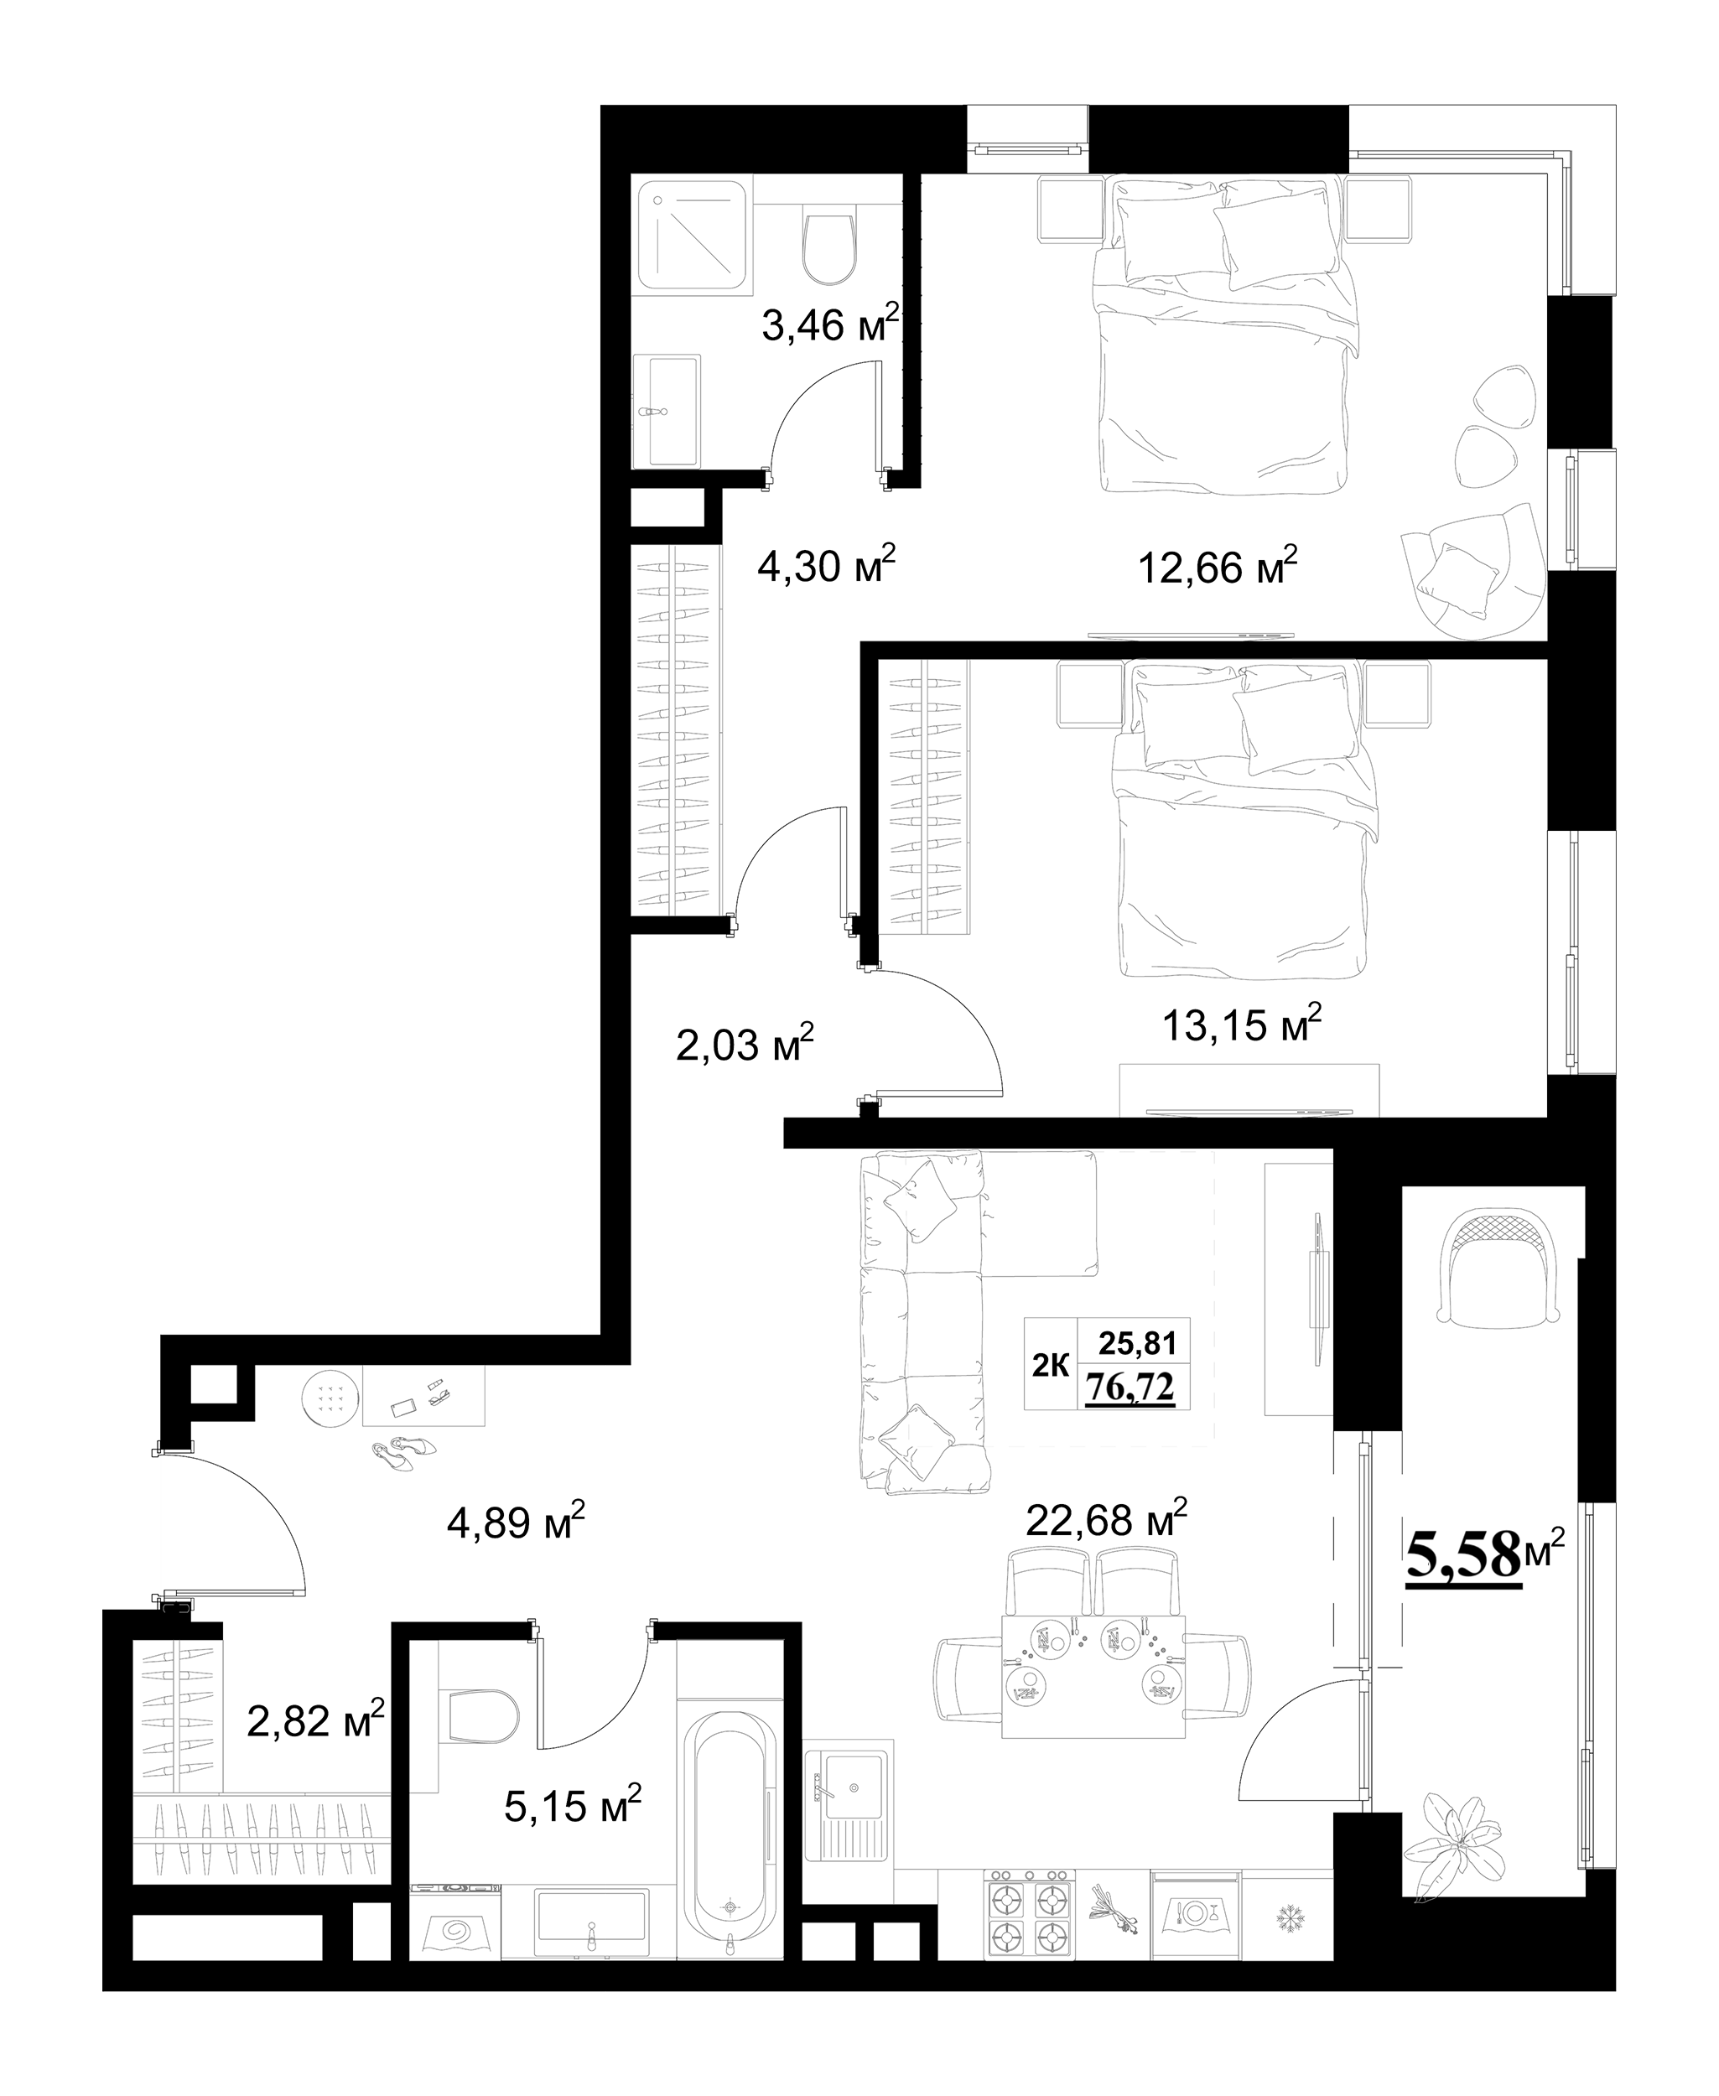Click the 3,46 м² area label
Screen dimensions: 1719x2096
tap(831, 323)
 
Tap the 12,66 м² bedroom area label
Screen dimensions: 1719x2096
tap(1218, 565)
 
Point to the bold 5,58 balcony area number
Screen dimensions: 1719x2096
tap(1463, 1556)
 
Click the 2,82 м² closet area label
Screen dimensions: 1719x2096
tap(315, 1722)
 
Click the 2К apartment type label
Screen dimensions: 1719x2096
tap(1051, 1367)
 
